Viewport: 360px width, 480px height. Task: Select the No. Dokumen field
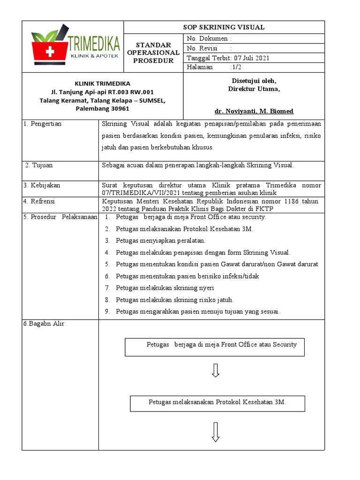209,38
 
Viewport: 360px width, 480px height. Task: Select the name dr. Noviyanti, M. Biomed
254,111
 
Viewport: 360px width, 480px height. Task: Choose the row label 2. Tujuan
39,165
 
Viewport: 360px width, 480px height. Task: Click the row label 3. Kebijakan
42,185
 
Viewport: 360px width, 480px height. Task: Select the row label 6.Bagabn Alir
44,324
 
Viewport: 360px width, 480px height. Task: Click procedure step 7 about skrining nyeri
165,288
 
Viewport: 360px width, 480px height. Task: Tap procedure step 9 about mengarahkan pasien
197,312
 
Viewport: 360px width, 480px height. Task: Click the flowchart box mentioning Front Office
214,347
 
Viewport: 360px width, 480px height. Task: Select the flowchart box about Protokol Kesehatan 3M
217,403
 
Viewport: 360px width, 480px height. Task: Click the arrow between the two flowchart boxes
216,370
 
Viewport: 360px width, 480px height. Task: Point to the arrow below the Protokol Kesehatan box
216,432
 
